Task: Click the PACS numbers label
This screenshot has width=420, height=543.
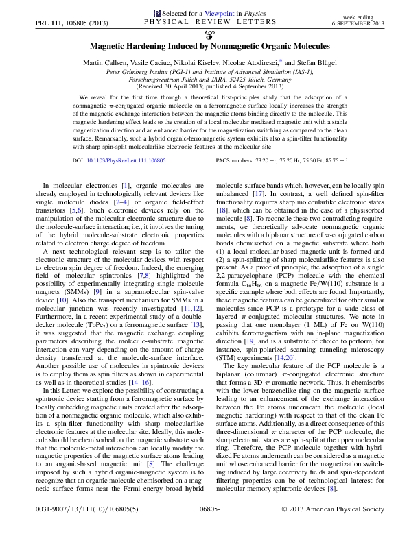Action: pos(237,162)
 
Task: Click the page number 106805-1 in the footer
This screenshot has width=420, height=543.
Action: pos(210,528)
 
